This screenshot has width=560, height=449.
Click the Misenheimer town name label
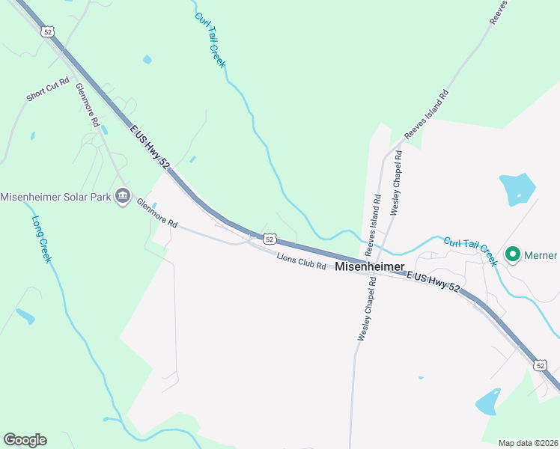click(x=369, y=266)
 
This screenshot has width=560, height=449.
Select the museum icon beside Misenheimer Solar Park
click(x=123, y=198)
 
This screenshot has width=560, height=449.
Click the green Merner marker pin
click(x=513, y=255)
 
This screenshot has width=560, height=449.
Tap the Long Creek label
click(x=41, y=239)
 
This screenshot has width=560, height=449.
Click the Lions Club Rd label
click(x=301, y=261)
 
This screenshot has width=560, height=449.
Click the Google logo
click(x=25, y=440)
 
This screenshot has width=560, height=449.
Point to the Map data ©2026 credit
click(x=527, y=442)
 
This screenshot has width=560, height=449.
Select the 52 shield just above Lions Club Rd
click(x=270, y=239)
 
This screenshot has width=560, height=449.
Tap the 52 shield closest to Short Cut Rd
click(x=48, y=31)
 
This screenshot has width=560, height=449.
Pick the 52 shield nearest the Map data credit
click(x=541, y=365)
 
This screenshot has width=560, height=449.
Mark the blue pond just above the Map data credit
click(x=488, y=402)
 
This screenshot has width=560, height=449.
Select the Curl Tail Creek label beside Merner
click(x=470, y=251)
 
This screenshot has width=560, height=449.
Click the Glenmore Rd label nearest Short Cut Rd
click(x=88, y=103)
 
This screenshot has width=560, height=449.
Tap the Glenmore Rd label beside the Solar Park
click(x=156, y=213)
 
